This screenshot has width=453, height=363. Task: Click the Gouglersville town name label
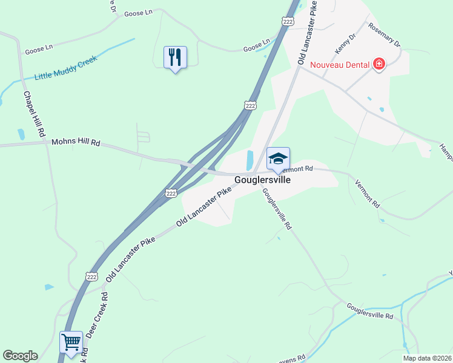(x=262, y=180)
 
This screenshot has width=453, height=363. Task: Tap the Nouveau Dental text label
(x=340, y=64)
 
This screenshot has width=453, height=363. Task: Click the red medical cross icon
(x=379, y=64)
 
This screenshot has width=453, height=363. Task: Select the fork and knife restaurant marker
(x=175, y=57)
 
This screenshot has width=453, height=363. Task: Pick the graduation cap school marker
(x=278, y=159)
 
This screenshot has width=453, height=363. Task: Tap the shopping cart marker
(x=71, y=342)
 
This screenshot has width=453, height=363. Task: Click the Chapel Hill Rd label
(x=34, y=113)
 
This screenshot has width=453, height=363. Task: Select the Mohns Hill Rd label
(x=75, y=143)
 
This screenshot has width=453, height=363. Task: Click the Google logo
(x=20, y=356)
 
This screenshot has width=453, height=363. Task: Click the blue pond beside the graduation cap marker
(x=250, y=160)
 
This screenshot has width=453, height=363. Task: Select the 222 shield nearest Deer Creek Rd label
(x=91, y=276)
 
